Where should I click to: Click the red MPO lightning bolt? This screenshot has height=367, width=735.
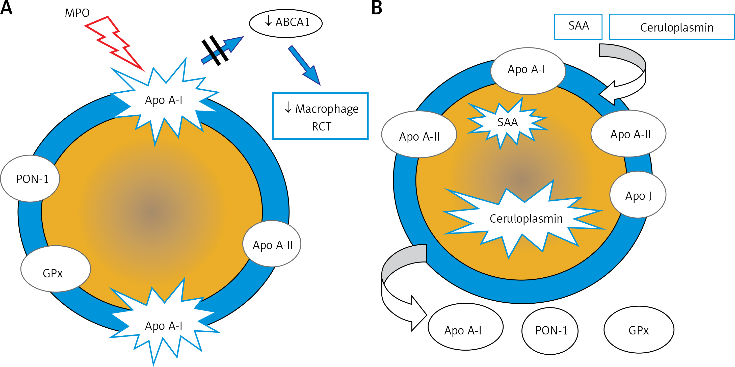coord(114,43)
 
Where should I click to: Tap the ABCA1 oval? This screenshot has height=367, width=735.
coord(286,23)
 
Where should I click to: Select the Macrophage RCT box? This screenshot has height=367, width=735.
coord(320,116)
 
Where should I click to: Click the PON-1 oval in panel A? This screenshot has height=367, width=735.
coord(30,179)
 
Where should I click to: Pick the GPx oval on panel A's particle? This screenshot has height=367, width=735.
coord(55,269)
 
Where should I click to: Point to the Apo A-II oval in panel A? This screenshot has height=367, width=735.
coord(272,244)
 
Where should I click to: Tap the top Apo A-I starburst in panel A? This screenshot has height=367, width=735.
coord(164,100)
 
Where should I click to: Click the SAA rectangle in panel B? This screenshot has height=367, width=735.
coord(578,27)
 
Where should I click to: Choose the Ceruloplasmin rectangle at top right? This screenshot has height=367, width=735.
coord(672,27)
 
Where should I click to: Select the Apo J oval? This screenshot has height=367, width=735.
coord(638,195)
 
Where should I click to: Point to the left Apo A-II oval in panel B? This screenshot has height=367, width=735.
coord(419,135)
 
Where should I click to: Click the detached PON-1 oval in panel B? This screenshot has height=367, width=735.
coord(550,331)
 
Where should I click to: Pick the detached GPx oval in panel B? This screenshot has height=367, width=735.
coord(639,330)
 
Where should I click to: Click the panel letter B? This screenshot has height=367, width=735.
coord(377,8)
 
